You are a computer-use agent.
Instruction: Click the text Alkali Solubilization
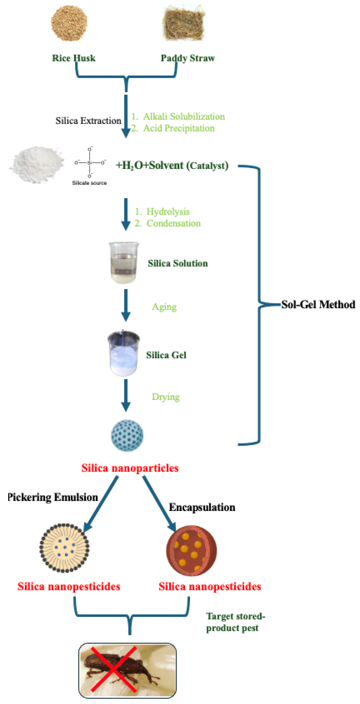click(x=184, y=116)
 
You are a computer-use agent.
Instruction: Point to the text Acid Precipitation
click(x=179, y=128)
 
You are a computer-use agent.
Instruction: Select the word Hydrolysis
click(x=168, y=212)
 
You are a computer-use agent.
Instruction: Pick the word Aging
click(x=164, y=307)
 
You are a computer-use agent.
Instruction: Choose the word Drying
click(x=166, y=397)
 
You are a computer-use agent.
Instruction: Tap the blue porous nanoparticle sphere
click(x=127, y=435)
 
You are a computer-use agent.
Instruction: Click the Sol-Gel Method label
click(x=318, y=304)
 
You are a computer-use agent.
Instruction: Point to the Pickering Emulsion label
click(x=53, y=497)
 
